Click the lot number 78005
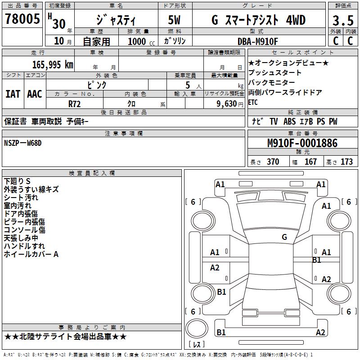pyautogui.click(x=22, y=19)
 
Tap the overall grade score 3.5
pyautogui.click(x=343, y=20)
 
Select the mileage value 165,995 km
pyautogui.click(x=53, y=64)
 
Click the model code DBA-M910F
pyautogui.click(x=257, y=41)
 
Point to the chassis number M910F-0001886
pyautogui.click(x=302, y=143)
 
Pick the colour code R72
pyautogui.click(x=74, y=104)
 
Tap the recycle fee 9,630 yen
pyautogui.click(x=230, y=104)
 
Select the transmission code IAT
pyautogui.click(x=13, y=94)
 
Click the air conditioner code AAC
pyautogui.click(x=35, y=94)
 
